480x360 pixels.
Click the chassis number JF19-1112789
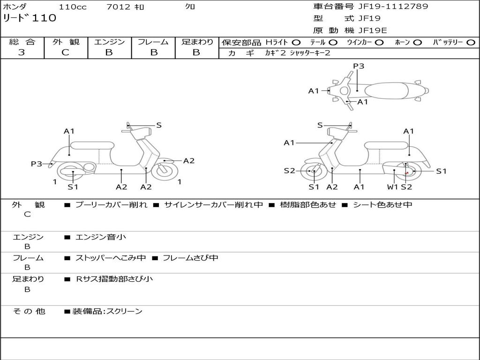click(x=393, y=7)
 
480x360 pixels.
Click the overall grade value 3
click(x=22, y=52)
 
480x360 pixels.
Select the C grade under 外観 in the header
click(x=65, y=52)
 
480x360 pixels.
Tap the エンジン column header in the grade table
click(x=109, y=42)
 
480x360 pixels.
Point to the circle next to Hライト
click(x=296, y=43)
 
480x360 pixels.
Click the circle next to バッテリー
click(x=471, y=43)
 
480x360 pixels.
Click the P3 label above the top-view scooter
click(x=359, y=66)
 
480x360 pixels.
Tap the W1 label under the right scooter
click(x=392, y=187)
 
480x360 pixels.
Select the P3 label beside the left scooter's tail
click(x=37, y=164)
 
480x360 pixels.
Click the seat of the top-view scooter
click(x=386, y=91)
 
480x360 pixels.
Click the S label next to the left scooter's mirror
click(x=159, y=125)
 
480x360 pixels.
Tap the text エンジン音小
click(x=100, y=237)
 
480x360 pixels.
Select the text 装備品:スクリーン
click(x=107, y=311)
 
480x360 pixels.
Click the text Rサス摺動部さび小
click(x=114, y=279)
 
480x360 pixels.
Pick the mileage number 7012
click(x=118, y=7)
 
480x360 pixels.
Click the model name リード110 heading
click(x=30, y=18)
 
